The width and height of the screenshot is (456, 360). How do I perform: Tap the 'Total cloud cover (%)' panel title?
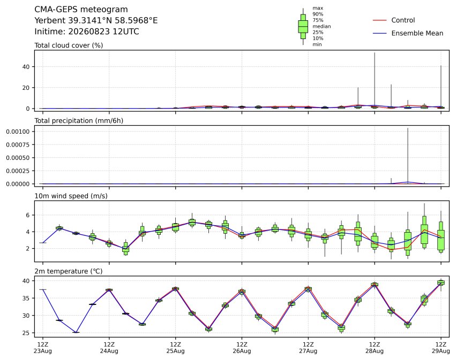[69, 45]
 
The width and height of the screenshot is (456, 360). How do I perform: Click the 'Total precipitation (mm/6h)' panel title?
[79, 121]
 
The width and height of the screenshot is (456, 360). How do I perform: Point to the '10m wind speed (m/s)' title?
[71, 196]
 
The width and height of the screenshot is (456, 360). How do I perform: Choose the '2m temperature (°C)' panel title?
[69, 271]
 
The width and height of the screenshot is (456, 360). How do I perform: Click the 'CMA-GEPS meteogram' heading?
[81, 10]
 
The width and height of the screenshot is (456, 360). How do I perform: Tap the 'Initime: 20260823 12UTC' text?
[87, 32]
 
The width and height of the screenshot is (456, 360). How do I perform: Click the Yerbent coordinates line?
[96, 21]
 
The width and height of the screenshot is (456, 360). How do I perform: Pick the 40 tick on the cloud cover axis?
[26, 67]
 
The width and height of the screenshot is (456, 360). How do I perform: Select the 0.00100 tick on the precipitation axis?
[18, 132]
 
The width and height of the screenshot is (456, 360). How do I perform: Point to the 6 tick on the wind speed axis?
[28, 215]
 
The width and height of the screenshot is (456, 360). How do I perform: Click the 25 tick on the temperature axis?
[26, 333]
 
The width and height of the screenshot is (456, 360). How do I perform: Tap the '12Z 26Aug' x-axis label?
[242, 348]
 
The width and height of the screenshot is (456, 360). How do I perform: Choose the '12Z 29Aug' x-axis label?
[440, 348]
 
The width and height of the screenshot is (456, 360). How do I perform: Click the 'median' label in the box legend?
[322, 26]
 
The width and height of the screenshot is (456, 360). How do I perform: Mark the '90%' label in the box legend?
[318, 14]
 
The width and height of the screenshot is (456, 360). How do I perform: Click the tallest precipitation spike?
[408, 156]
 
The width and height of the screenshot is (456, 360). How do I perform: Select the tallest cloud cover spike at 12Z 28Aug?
[375, 80]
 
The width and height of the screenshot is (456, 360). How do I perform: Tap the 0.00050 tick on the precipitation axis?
[18, 158]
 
